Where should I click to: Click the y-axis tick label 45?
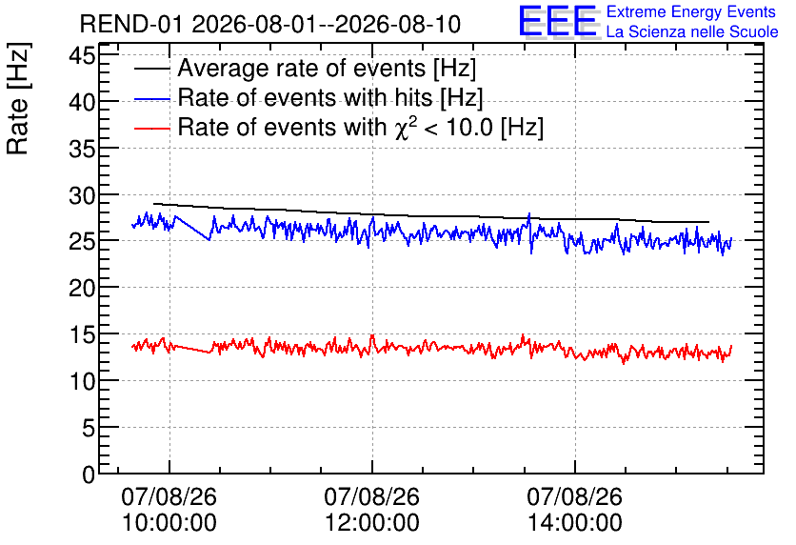point(82,55)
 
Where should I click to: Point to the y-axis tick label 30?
point(82,195)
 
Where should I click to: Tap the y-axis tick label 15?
point(82,334)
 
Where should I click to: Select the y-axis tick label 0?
point(89,474)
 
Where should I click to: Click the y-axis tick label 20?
point(82,289)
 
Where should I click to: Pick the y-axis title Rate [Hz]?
point(18,98)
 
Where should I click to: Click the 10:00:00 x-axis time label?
point(169,523)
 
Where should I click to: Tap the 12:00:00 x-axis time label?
point(372,523)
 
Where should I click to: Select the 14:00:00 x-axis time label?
point(575,523)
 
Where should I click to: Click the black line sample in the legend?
point(151,69)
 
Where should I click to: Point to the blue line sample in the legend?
point(151,99)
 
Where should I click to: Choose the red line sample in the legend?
point(151,129)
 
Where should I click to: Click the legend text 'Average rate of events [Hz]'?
point(327,68)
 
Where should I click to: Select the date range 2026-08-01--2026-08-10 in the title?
point(327,24)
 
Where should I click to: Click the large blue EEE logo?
point(558,21)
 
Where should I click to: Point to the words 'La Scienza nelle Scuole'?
point(692,31)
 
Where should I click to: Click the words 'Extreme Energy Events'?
point(691,11)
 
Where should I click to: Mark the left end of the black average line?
point(154,204)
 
